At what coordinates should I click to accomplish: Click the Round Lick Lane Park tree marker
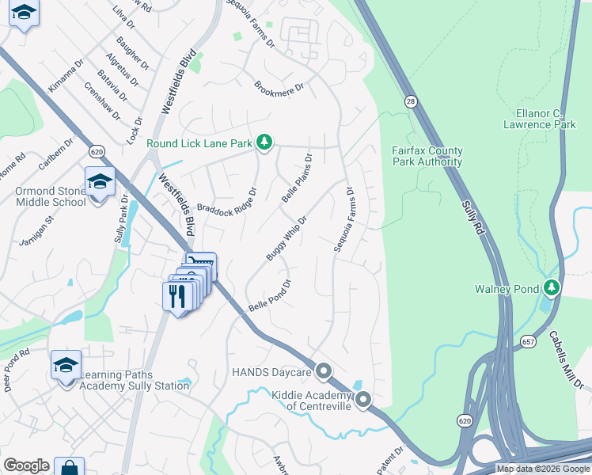(264, 143)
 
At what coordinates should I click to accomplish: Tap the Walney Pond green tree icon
(552, 288)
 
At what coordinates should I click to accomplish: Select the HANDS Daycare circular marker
(324, 371)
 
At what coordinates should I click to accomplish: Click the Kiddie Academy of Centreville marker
(363, 400)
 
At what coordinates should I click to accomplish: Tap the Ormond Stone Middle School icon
(100, 182)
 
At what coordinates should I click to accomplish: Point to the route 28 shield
(410, 101)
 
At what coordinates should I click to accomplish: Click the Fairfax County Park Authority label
(427, 156)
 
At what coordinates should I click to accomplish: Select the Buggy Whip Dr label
(286, 237)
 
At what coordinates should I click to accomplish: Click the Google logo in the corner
(26, 465)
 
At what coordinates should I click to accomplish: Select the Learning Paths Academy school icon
(66, 365)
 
